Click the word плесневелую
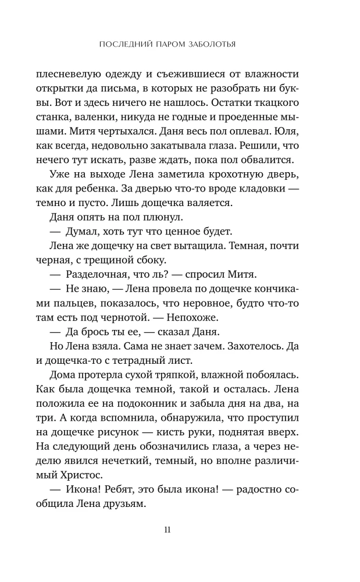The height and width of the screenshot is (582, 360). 71,74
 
